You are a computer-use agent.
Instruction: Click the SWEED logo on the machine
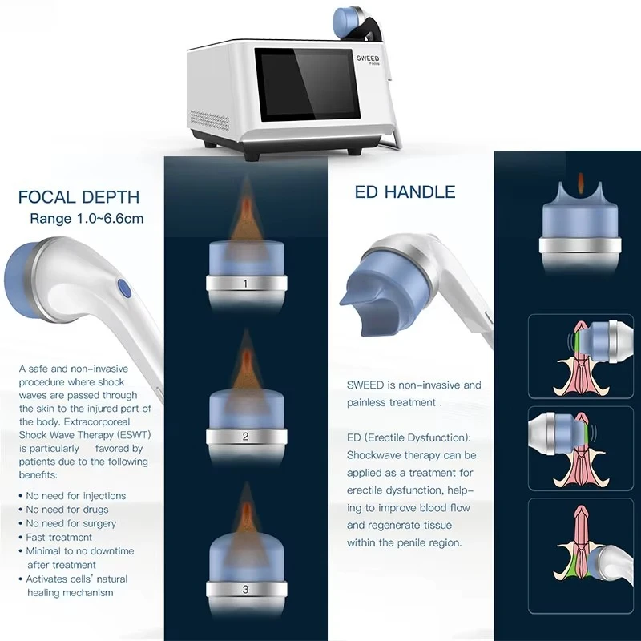tap(368, 58)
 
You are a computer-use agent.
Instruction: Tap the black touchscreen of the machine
tap(307, 85)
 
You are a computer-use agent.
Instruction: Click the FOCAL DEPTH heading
tap(79, 197)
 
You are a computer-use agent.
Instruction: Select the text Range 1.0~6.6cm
tap(87, 218)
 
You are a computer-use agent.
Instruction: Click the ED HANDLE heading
tap(405, 192)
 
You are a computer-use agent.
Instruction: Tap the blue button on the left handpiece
tap(124, 288)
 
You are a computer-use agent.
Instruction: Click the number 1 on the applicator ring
tap(245, 284)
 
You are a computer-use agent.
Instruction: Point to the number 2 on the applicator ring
tap(245, 436)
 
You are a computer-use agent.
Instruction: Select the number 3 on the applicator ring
tap(245, 589)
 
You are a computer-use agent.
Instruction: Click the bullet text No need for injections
tap(76, 496)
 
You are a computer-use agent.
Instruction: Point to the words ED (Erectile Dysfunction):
tap(409, 437)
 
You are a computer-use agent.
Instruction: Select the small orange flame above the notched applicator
tap(580, 181)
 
